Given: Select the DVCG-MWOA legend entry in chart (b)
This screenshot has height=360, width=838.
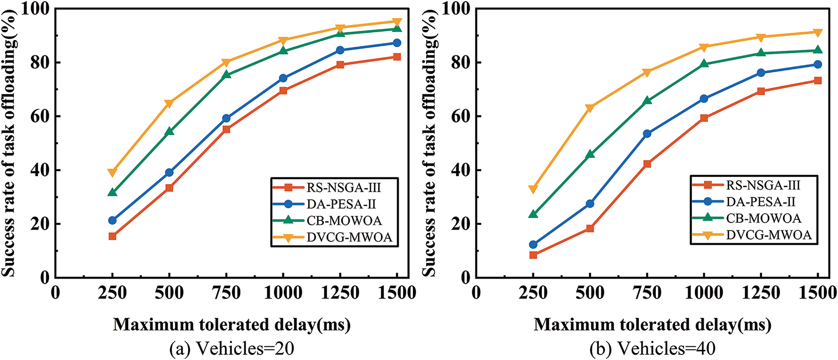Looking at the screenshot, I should click(x=769, y=234).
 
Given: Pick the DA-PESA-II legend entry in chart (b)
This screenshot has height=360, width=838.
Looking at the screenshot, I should click(x=761, y=202).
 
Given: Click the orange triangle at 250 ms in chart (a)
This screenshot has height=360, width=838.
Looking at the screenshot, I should click(x=112, y=173).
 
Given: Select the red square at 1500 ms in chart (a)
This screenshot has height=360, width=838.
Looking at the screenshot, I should click(x=397, y=57).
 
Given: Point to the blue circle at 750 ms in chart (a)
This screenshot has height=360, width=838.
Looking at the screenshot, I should click(x=226, y=118).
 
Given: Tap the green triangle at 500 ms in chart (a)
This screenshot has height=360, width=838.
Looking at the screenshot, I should click(x=169, y=132).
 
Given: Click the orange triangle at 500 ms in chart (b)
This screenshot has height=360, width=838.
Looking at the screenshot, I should click(x=590, y=108).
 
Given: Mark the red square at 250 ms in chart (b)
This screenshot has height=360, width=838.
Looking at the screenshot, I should click(x=533, y=255).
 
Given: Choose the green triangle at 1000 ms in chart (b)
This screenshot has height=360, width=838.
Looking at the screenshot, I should click(x=704, y=63).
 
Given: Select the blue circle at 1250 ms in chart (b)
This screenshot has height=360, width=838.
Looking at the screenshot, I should click(x=761, y=73).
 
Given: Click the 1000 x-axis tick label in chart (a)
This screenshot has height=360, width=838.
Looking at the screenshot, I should click(x=283, y=293).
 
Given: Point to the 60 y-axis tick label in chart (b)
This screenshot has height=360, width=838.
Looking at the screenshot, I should click(x=460, y=116).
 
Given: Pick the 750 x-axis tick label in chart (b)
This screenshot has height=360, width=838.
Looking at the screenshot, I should click(x=647, y=293).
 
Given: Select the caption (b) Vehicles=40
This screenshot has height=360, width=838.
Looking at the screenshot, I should click(x=652, y=349).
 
